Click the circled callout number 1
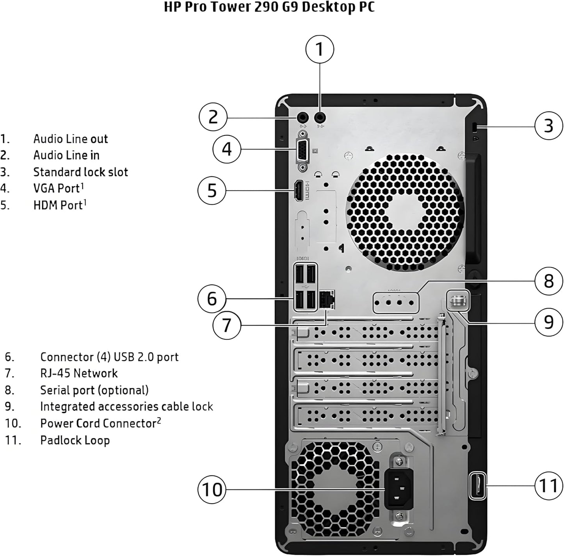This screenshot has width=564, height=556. click(320, 49)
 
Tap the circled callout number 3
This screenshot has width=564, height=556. click(548, 126)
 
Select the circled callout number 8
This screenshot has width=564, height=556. click(548, 281)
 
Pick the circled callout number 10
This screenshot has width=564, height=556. click(212, 489)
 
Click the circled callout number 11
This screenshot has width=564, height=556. click(548, 486)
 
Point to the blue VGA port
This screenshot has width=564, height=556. click(303, 151)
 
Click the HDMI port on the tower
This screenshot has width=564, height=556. click(299, 191)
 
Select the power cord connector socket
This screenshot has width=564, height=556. click(399, 488)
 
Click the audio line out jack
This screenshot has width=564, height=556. click(320, 117)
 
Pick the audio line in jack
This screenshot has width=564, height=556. click(303, 117)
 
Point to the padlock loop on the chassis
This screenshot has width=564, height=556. click(477, 485)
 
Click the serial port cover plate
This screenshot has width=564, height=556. click(395, 302)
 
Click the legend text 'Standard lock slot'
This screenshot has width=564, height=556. click(80, 172)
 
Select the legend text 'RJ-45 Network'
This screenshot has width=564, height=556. click(79, 373)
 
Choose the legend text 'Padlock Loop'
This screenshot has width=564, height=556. click(75, 440)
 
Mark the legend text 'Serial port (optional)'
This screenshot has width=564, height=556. click(94, 390)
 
